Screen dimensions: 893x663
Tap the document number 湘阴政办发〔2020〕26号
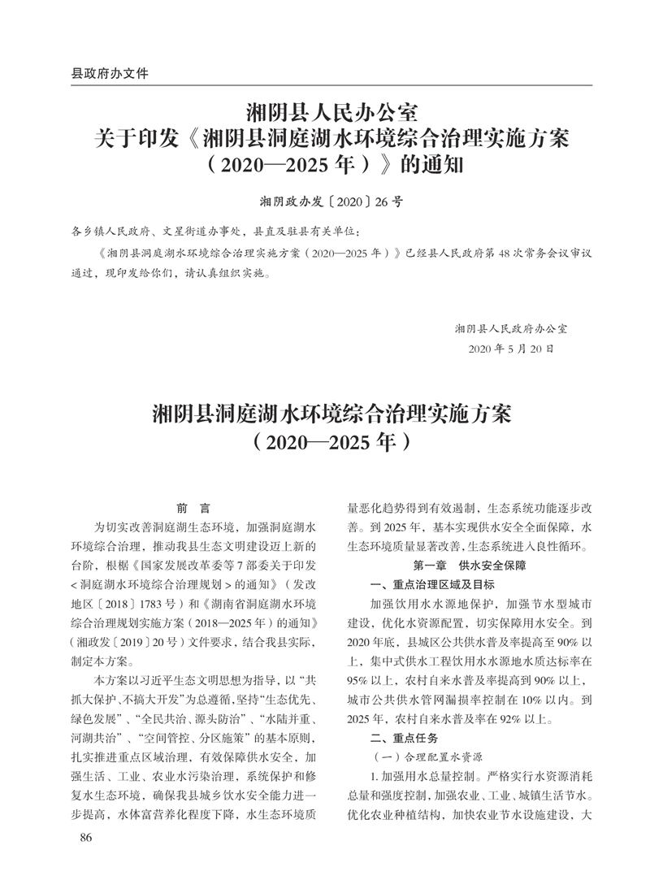[x=331, y=199]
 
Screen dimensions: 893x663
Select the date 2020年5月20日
[x=512, y=349]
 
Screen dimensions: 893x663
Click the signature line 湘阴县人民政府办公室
[x=512, y=328]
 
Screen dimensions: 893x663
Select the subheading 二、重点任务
[x=404, y=739]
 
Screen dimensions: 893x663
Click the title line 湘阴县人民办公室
[x=331, y=110]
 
